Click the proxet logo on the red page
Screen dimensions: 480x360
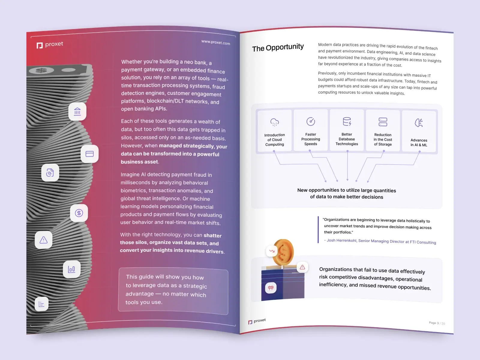[x=50, y=45]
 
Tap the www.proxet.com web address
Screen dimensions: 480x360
[x=216, y=42]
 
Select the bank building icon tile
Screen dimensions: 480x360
[x=77, y=112]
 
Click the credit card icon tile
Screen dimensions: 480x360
[x=90, y=154]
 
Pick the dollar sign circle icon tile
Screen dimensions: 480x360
[x=79, y=213]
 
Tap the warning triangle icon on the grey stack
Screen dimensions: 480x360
[x=43, y=240]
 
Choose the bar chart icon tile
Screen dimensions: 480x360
[x=71, y=269]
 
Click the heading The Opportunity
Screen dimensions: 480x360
[x=278, y=47]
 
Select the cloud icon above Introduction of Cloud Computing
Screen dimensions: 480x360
[x=274, y=122]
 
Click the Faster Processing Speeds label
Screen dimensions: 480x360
[x=310, y=139]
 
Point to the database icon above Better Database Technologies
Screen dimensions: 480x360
[x=347, y=121]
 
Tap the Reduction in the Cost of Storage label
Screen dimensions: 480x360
[x=383, y=139]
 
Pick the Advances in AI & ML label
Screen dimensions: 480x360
[x=419, y=142]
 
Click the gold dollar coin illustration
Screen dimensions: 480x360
[x=283, y=252]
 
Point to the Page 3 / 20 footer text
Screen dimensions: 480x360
[x=437, y=323]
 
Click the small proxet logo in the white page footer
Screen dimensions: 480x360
[x=257, y=321]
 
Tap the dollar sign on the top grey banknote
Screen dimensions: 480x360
[x=41, y=70]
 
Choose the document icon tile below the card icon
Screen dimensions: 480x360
[x=50, y=173]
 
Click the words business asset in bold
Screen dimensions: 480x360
[x=139, y=162]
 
